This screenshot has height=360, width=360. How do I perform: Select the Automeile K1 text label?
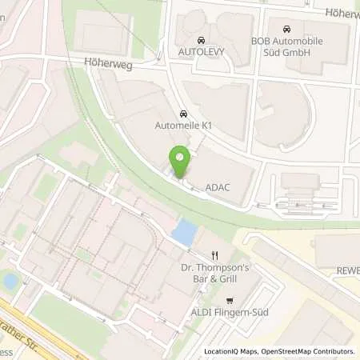pyautogui.click(x=184, y=126)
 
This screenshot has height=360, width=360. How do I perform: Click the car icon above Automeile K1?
pyautogui.click(x=184, y=114)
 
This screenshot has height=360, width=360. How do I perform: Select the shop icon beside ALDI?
pyautogui.click(x=230, y=302)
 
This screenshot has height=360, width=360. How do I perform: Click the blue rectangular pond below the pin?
pyautogui.click(x=183, y=234)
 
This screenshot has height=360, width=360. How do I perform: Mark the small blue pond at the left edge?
pyautogui.click(x=10, y=281)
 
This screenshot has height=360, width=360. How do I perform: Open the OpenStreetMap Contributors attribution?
pyautogui.click(x=311, y=351)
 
